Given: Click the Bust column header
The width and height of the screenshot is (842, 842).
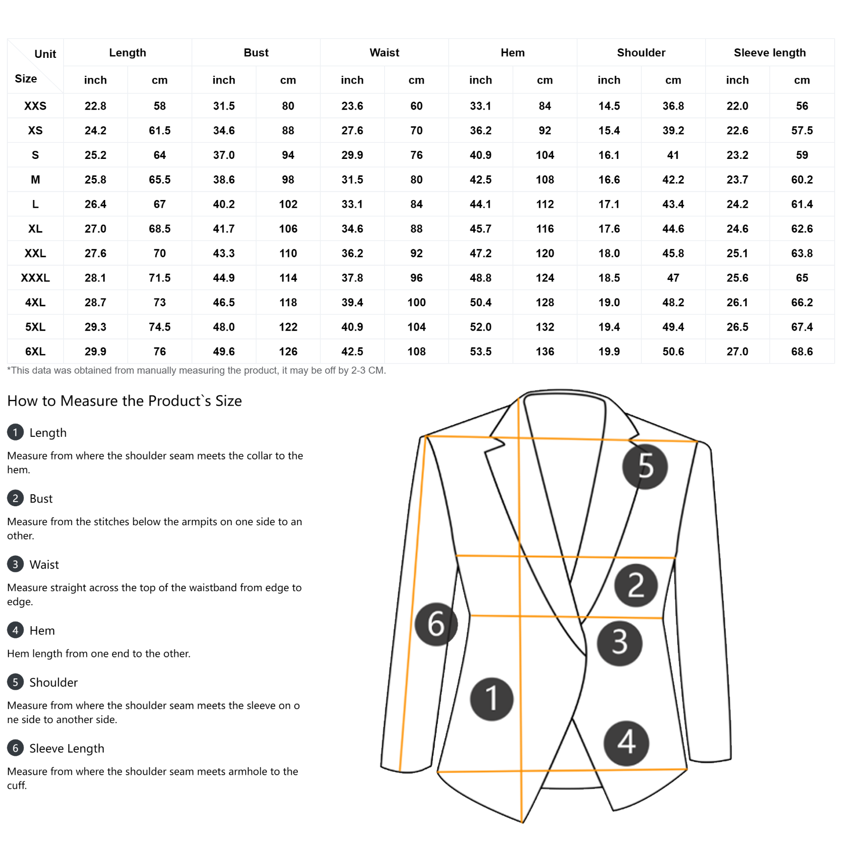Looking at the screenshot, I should (x=256, y=53).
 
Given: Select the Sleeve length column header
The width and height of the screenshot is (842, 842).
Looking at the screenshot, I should (x=769, y=53).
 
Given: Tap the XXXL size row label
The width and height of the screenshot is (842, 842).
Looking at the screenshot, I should (x=35, y=278).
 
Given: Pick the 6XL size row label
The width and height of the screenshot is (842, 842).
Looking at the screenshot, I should (x=35, y=352).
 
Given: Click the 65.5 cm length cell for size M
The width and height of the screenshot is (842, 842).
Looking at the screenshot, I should (x=159, y=179).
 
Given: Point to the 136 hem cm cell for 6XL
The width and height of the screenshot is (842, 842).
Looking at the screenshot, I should (x=545, y=352).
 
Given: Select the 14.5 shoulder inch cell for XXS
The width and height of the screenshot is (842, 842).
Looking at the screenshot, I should (x=609, y=106).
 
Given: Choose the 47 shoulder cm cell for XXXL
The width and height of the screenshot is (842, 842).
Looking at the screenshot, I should (x=673, y=278).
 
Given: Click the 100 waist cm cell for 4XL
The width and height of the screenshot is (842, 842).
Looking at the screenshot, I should (x=416, y=303).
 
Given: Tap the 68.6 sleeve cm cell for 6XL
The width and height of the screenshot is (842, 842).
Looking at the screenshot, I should (x=801, y=352).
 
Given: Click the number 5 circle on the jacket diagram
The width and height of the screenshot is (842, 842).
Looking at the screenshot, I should (x=645, y=466).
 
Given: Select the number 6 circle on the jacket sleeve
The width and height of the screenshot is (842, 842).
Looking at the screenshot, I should (x=436, y=624).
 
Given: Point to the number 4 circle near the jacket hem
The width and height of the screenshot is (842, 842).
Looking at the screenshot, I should (x=626, y=743).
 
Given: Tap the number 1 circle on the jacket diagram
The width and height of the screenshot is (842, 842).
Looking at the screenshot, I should (x=492, y=699).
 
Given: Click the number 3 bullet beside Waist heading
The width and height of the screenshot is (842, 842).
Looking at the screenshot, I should (x=15, y=564).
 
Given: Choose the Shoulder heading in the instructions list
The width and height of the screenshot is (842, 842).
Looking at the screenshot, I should (x=53, y=683).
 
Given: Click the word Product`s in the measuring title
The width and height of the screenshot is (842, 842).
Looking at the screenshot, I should (x=179, y=401).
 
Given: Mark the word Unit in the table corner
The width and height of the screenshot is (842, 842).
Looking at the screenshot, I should (x=45, y=54).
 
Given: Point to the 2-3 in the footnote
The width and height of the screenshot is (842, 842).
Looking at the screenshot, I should (x=358, y=370).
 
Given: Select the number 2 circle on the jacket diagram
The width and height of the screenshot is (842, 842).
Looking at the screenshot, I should (x=636, y=585).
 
